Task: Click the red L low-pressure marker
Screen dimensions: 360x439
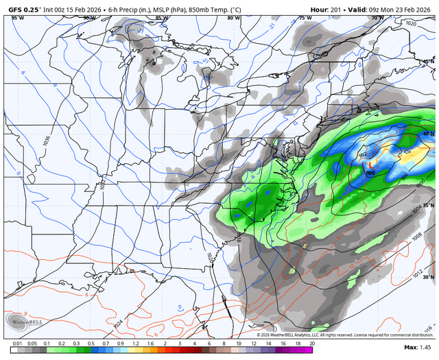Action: [x=370, y=165]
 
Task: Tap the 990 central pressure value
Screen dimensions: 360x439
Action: [x=370, y=173]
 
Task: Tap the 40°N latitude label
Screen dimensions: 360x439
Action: [x=428, y=134]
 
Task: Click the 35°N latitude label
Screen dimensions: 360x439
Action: [x=428, y=206]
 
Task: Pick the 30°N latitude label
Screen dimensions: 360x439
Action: [x=428, y=277]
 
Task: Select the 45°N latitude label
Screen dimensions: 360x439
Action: [x=428, y=62]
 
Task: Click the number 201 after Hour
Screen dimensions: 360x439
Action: [x=335, y=10]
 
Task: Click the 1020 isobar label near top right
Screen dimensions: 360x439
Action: [x=412, y=23]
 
